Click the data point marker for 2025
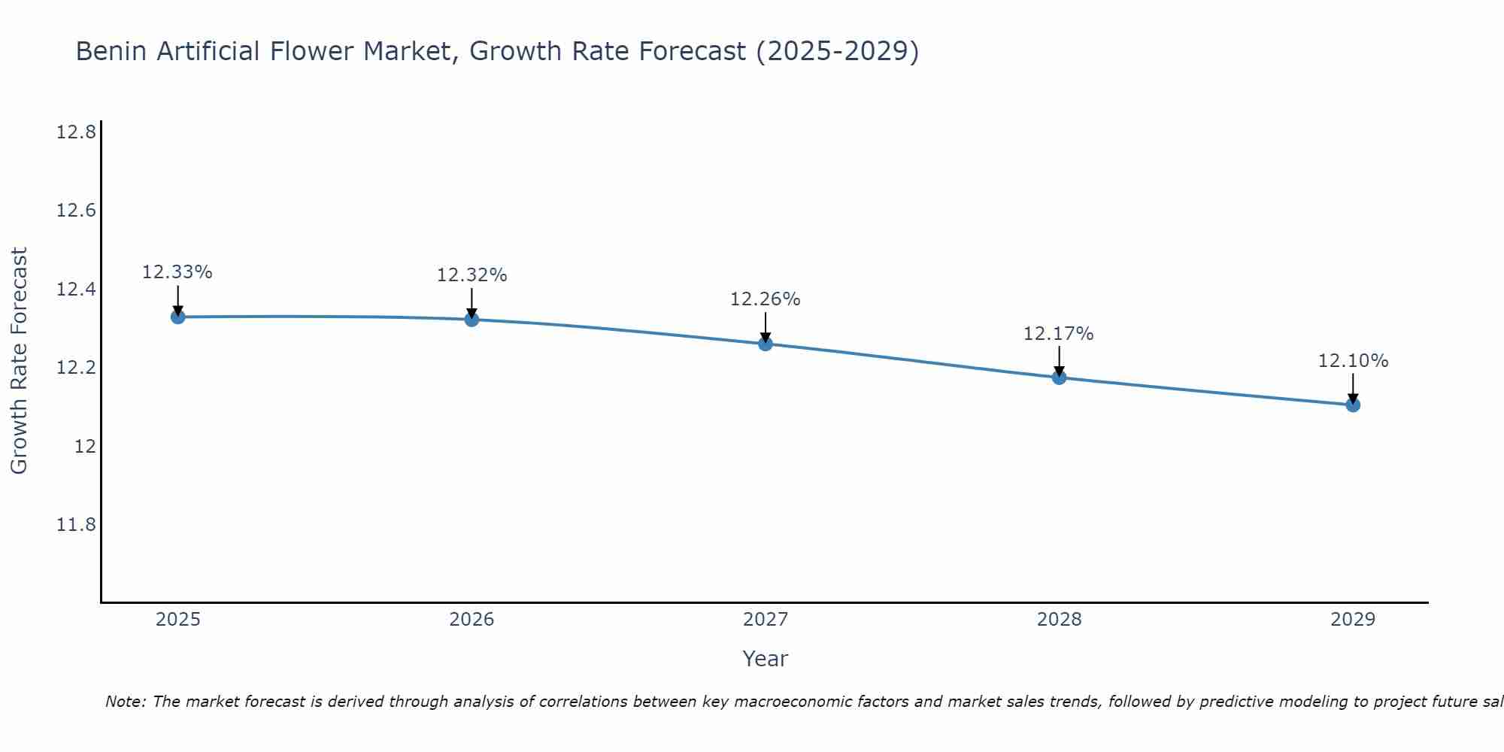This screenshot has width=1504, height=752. [177, 317]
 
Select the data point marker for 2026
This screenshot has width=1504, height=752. [472, 320]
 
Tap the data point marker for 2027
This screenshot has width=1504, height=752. [766, 344]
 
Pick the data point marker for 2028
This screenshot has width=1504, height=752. [1059, 377]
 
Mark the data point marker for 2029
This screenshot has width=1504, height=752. [1353, 405]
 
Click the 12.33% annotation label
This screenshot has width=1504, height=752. [177, 272]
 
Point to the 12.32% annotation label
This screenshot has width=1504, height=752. [472, 275]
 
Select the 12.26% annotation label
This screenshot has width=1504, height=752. [766, 299]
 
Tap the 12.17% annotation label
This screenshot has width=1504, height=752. [1059, 333]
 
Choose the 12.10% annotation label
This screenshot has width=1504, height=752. [1353, 361]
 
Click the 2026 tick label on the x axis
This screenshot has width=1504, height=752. [472, 620]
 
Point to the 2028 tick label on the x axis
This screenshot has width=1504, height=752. [1059, 620]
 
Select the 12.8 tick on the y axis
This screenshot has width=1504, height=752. [76, 133]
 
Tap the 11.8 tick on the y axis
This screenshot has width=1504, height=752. [76, 524]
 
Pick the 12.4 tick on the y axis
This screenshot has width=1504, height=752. [76, 290]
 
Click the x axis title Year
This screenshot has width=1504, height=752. [766, 659]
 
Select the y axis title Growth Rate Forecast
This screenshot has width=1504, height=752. [19, 361]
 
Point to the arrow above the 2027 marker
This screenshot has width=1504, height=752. [766, 326]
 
